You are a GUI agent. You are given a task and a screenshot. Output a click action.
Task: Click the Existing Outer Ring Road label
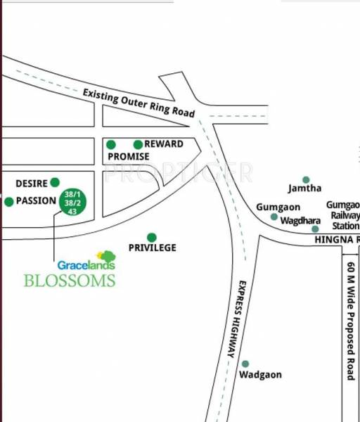[x=138, y=103]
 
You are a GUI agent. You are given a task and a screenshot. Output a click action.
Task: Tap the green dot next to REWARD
[x=139, y=145]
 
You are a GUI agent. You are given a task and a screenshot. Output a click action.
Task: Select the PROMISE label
[x=129, y=156]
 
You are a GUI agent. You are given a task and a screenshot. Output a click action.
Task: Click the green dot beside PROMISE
[x=111, y=145]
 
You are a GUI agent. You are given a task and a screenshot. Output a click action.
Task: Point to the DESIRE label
[x=32, y=184]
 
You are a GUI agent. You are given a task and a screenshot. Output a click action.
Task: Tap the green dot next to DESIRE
[x=55, y=182]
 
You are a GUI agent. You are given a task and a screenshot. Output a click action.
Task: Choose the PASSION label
[x=36, y=201]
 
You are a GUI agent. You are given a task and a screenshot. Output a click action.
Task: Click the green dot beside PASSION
[x=8, y=202]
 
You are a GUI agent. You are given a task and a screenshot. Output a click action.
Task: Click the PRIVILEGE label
[x=153, y=248]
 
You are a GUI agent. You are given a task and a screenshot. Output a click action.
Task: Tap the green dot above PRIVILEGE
[x=152, y=237]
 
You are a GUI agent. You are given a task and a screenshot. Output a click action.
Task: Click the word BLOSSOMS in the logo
[x=70, y=281]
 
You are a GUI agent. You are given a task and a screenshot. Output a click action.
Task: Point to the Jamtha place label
[x=305, y=188]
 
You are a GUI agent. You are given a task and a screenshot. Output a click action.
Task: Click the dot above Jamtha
[x=306, y=180]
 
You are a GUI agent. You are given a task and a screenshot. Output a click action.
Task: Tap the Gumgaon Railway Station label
[x=344, y=215]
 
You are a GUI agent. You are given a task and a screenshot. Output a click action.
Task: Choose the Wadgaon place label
[x=260, y=375]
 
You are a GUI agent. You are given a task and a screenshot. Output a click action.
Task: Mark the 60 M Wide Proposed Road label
[x=350, y=321]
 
